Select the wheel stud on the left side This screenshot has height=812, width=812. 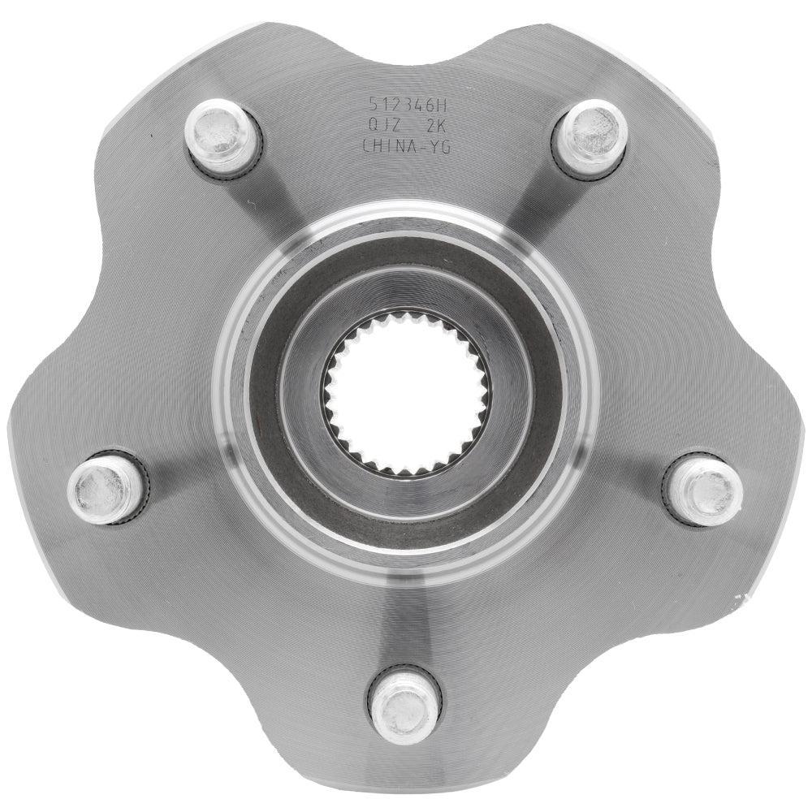pos(106,489)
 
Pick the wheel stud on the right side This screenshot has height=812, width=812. pos(705,489)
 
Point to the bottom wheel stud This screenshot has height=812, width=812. pos(404,703)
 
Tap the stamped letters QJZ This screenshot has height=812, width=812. pos(382,125)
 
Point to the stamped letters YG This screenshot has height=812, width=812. pos(440,146)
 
